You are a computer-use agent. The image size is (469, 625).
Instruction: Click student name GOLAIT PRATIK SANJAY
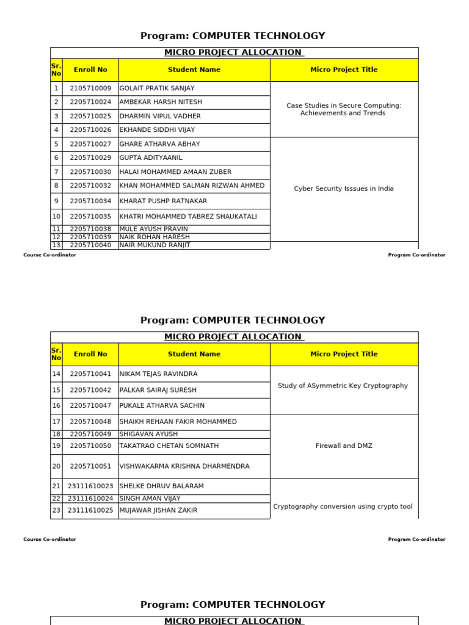pyautogui.click(x=157, y=89)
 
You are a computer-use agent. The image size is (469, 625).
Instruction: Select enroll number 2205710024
pyautogui.click(x=90, y=102)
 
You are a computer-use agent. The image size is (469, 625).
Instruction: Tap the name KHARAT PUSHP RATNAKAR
pyautogui.click(x=163, y=201)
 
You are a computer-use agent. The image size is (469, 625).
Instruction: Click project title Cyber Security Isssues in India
pyautogui.click(x=344, y=189)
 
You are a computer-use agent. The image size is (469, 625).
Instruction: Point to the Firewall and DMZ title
pyautogui.click(x=344, y=446)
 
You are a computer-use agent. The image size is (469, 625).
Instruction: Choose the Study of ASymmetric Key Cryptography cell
pyautogui.click(x=343, y=386)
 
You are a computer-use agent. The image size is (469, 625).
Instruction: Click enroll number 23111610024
pyautogui.click(x=90, y=499)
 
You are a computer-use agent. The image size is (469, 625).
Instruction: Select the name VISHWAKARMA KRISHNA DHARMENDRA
pyautogui.click(x=184, y=466)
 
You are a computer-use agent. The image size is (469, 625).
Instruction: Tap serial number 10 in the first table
pyautogui.click(x=56, y=217)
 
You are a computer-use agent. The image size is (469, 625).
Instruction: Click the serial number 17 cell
pyautogui.click(x=56, y=422)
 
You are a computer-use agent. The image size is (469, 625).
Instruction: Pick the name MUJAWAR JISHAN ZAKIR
pyautogui.click(x=158, y=510)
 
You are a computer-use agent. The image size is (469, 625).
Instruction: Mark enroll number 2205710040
pyautogui.click(x=90, y=245)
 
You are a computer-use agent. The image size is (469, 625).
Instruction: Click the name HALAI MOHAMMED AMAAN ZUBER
pyautogui.click(x=175, y=172)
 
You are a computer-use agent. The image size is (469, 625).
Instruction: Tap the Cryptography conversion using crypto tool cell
pyautogui.click(x=343, y=507)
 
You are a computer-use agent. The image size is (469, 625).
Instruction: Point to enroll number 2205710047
pyautogui.click(x=90, y=406)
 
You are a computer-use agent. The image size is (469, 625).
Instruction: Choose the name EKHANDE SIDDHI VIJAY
pyautogui.click(x=156, y=130)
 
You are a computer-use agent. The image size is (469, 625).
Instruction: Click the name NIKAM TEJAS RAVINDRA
pyautogui.click(x=158, y=374)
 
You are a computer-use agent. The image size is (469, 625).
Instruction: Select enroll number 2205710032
pyautogui.click(x=90, y=186)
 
